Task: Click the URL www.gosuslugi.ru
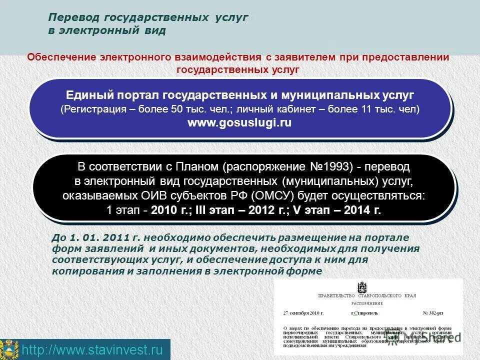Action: (239, 122)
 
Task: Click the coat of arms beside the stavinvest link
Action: (9, 349)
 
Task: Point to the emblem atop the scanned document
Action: (362, 287)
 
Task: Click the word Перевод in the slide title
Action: (73, 17)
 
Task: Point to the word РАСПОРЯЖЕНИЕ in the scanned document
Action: (366, 303)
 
